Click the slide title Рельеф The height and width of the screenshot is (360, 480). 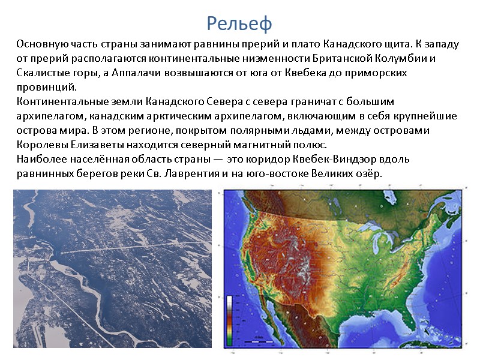pyautogui.click(x=239, y=23)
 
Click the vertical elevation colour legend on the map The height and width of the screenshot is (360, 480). pyautogui.click(x=230, y=317)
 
